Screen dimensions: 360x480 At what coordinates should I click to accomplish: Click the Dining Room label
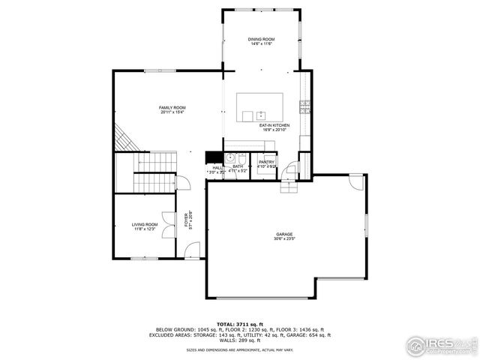pyautogui.click(x=262, y=41)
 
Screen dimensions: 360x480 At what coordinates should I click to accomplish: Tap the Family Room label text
pyautogui.click(x=172, y=110)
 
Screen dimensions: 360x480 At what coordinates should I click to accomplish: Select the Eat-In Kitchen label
pyautogui.click(x=274, y=127)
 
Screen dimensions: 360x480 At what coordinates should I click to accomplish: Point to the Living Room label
pyautogui.click(x=145, y=226)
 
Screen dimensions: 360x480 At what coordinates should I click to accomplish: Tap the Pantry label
pyautogui.click(x=266, y=163)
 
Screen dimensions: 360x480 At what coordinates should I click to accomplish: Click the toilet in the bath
pyautogui.click(x=232, y=157)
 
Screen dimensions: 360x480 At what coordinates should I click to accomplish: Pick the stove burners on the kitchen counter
pyautogui.click(x=304, y=104)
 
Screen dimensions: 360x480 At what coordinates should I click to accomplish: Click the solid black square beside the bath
pyautogui.click(x=214, y=157)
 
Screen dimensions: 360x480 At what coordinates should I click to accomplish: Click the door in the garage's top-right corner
pyautogui.click(x=355, y=182)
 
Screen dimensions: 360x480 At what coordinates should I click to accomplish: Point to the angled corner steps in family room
pyautogui.click(x=122, y=139)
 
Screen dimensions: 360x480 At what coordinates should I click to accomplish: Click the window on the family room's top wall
pyautogui.click(x=156, y=71)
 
